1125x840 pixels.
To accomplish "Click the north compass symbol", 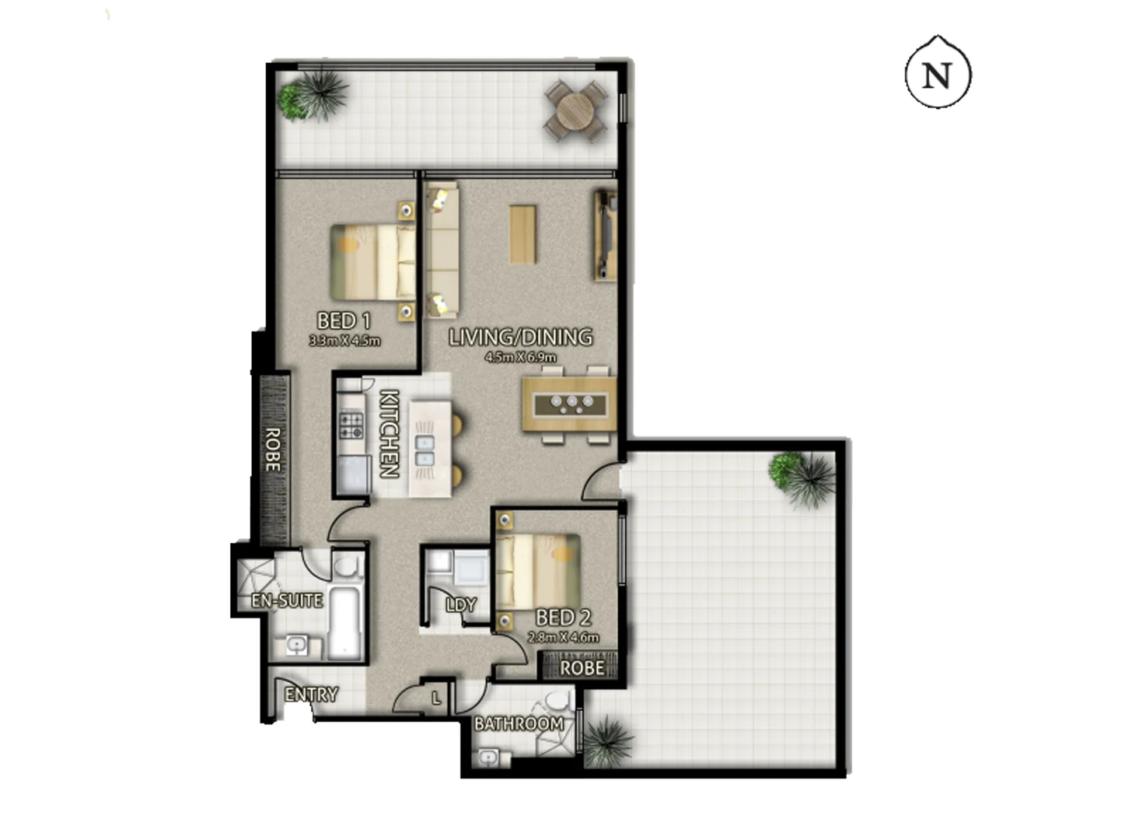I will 938,74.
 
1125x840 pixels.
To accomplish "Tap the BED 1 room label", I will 344,320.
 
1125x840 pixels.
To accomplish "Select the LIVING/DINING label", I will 520,337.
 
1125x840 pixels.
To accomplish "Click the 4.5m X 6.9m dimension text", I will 520,357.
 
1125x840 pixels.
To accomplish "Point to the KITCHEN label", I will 389,433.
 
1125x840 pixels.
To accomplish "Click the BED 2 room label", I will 563,618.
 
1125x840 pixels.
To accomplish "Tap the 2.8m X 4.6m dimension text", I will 563,637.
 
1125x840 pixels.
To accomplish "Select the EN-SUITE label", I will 287,600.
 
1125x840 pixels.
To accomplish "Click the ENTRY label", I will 311,695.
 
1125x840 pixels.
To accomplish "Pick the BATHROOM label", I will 519,724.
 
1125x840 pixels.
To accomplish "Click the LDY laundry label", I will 460,604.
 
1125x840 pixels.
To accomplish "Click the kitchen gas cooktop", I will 351,425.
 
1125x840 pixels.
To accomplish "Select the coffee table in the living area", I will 523,233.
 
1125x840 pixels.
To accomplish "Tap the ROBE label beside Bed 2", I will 582,667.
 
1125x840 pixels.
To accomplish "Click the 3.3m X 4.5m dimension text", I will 344,341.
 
